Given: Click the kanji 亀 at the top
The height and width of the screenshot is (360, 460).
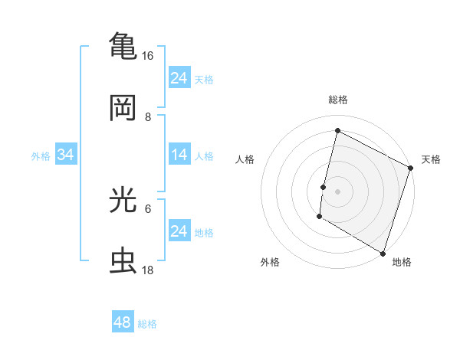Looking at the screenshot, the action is point(123,44).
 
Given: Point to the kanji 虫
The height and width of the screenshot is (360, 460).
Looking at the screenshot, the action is point(123,260).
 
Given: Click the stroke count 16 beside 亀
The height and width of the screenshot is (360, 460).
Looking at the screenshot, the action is point(148,56).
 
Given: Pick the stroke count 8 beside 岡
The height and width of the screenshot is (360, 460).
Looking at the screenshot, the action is point(148,117).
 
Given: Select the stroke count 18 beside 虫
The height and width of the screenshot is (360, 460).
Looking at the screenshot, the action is point(148,270).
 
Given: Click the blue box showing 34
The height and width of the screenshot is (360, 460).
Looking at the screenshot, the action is point(66,155).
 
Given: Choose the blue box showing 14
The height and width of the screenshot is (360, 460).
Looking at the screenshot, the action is point(179,155).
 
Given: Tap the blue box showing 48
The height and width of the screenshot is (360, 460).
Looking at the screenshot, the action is point(123,322).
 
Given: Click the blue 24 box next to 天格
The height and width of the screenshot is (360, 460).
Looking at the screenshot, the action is point(179,78).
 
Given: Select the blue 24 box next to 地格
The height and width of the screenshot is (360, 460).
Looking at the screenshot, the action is point(179,231).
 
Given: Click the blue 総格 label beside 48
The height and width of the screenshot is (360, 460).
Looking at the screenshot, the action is point(147,324).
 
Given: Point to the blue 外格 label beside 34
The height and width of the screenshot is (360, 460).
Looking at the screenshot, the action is point(41,156).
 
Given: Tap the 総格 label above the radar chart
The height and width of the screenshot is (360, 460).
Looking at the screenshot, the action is point(337,100).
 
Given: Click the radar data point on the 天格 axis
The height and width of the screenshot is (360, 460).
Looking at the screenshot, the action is point(410,169).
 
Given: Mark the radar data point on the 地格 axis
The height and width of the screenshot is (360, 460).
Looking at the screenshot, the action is point(383,253).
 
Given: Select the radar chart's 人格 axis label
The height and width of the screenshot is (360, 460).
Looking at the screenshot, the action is point(245,159).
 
